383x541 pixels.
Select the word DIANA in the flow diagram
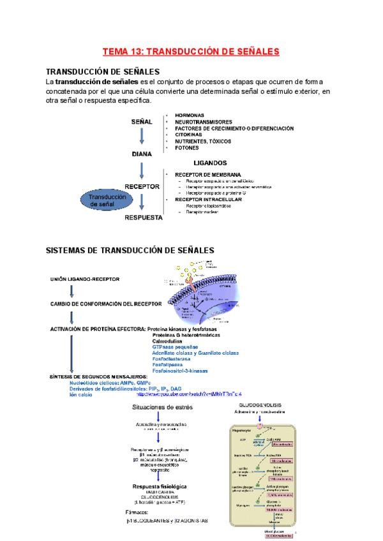pyautogui.click(x=141, y=154)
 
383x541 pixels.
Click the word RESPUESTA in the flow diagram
pyautogui.click(x=144, y=218)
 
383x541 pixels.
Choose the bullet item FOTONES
pyautogui.click(x=186, y=147)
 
